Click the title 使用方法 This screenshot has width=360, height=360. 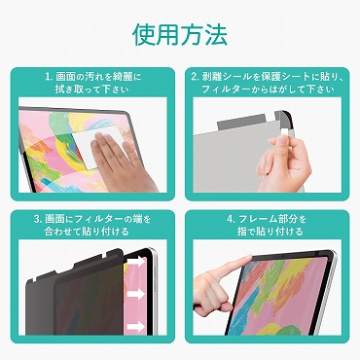(x=180, y=34)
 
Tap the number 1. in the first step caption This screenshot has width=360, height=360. (x=49, y=77)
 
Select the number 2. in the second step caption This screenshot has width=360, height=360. (x=196, y=77)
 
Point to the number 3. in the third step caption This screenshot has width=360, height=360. (x=38, y=219)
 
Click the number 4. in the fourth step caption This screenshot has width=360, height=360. (x=231, y=219)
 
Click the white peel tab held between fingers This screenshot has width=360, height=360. (x=283, y=131)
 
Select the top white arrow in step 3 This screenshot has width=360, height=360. (x=136, y=262)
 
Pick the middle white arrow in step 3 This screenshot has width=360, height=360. (x=136, y=294)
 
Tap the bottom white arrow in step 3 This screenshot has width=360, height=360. (x=136, y=327)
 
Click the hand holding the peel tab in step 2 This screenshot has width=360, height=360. (x=283, y=163)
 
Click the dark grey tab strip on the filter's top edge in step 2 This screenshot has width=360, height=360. (x=242, y=121)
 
